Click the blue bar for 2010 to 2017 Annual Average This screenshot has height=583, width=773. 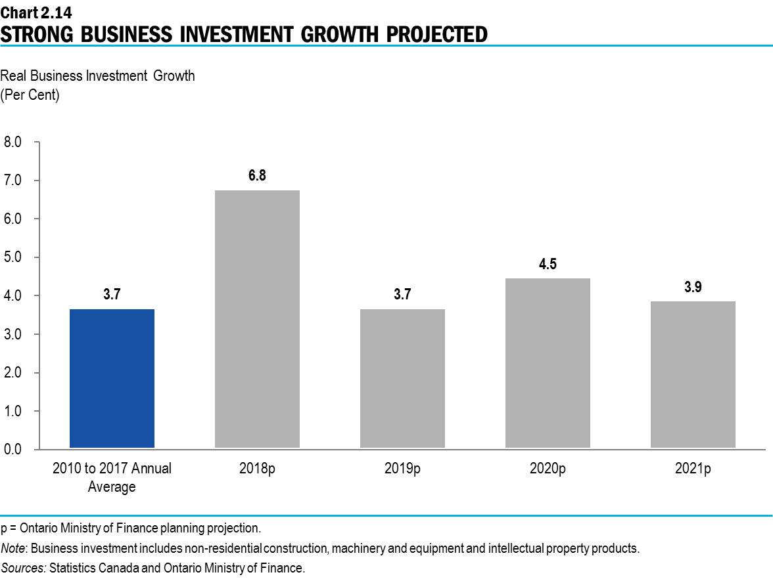tap(112, 379)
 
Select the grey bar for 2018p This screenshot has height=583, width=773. tap(257, 319)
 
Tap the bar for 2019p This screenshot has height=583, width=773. tap(402, 379)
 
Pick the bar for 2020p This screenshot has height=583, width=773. tap(548, 363)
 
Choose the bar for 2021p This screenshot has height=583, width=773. tap(693, 375)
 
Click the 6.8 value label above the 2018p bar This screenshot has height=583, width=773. tap(257, 176)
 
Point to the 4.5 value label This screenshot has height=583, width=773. tap(548, 264)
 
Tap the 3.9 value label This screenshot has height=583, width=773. tap(693, 287)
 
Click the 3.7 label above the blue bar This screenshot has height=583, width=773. tap(112, 295)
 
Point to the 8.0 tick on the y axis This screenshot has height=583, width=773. tap(13, 142)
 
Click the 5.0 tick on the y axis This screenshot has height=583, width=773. tap(13, 257)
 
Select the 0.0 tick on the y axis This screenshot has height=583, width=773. tap(13, 450)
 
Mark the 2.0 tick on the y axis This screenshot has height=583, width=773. tap(13, 373)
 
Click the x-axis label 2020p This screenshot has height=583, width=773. tap(548, 469)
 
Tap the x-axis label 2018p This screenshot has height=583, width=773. tap(257, 469)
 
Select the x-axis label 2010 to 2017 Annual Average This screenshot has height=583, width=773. tap(112, 477)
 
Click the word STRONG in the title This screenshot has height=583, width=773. tap(36, 33)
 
